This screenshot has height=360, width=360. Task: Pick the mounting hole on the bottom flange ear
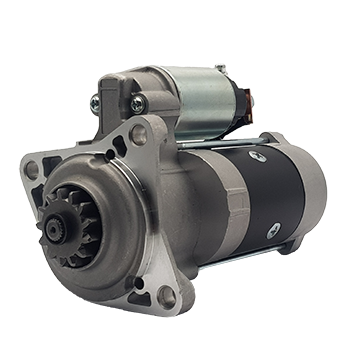(166, 296)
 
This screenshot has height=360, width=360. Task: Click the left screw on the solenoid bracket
(94, 101)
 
